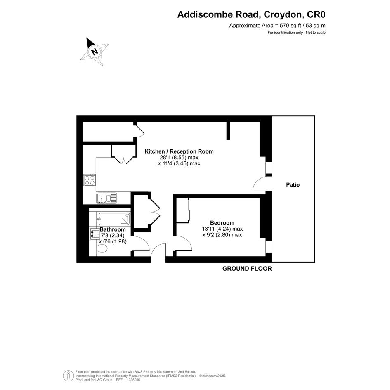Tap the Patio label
pyautogui.click(x=293, y=185)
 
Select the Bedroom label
pyautogui.click(x=222, y=223)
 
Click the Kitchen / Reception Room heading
pyautogui.click(x=179, y=151)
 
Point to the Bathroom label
pyautogui.click(x=113, y=229)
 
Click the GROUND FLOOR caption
pyautogui.click(x=247, y=269)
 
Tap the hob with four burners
pyautogui.click(x=90, y=180)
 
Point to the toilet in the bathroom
pyautogui.click(x=102, y=249)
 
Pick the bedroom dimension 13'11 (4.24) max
pyautogui.click(x=222, y=229)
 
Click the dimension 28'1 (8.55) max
pyautogui.click(x=179, y=158)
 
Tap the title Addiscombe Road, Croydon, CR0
pyautogui.click(x=251, y=15)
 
